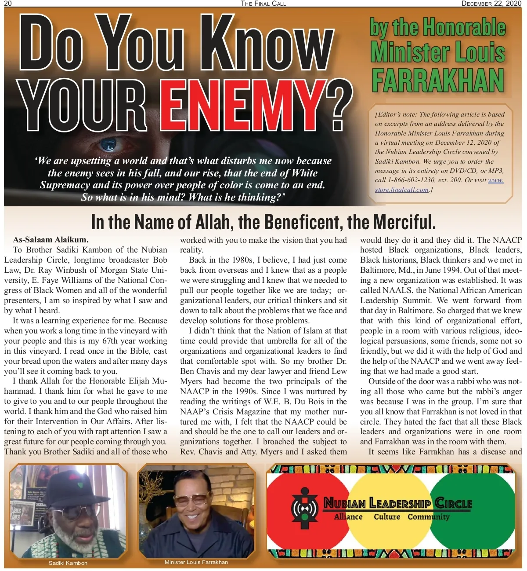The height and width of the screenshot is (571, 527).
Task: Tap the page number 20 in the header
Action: coord(8,4)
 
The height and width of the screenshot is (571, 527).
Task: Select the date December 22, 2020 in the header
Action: coord(491,4)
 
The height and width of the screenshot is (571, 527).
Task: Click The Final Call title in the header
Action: coord(263,4)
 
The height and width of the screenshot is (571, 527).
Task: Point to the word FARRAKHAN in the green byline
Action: coord(437,80)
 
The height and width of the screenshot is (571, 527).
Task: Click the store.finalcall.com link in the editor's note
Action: coord(401,190)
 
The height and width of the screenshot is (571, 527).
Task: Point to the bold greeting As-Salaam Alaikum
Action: coord(51,240)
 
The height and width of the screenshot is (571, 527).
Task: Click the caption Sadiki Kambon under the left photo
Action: coord(68,563)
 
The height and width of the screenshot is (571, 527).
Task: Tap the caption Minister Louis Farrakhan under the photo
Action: coord(196,562)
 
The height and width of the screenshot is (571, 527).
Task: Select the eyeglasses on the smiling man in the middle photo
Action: coord(192,499)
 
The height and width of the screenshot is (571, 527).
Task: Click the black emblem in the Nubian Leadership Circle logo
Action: coord(304,508)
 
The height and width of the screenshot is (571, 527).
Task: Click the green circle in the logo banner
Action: coord(481,523)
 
